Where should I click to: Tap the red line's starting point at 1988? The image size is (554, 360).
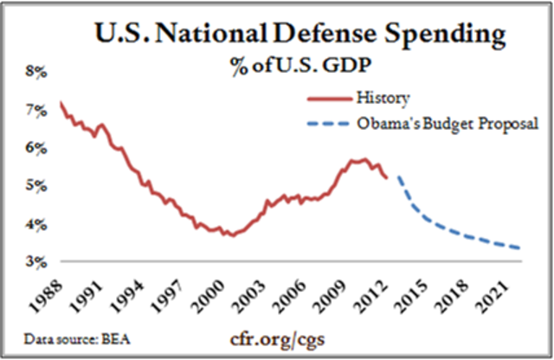(60, 103)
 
